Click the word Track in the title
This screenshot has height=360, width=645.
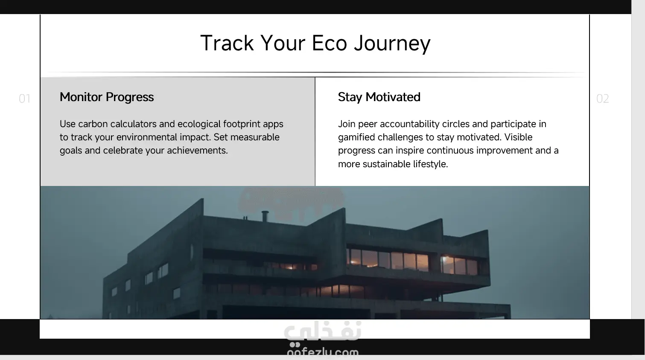[x=227, y=43]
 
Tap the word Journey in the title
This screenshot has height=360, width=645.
[x=392, y=44]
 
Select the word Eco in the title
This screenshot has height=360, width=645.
[x=330, y=43]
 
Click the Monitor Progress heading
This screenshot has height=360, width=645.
[x=107, y=97]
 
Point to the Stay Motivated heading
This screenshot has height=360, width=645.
[x=379, y=97]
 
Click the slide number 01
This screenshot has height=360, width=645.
[x=25, y=99]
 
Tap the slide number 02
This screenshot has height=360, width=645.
[x=602, y=99]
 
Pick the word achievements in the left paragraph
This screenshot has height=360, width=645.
[x=197, y=151]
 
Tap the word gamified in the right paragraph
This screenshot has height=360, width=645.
[x=356, y=137]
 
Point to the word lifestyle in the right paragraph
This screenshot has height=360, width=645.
[x=430, y=164]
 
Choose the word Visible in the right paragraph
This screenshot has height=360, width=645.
[x=518, y=137]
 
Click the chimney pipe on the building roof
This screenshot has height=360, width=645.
[x=265, y=216]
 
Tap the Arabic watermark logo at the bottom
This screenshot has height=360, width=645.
[x=323, y=331]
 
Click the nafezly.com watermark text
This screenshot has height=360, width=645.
[x=323, y=351]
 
